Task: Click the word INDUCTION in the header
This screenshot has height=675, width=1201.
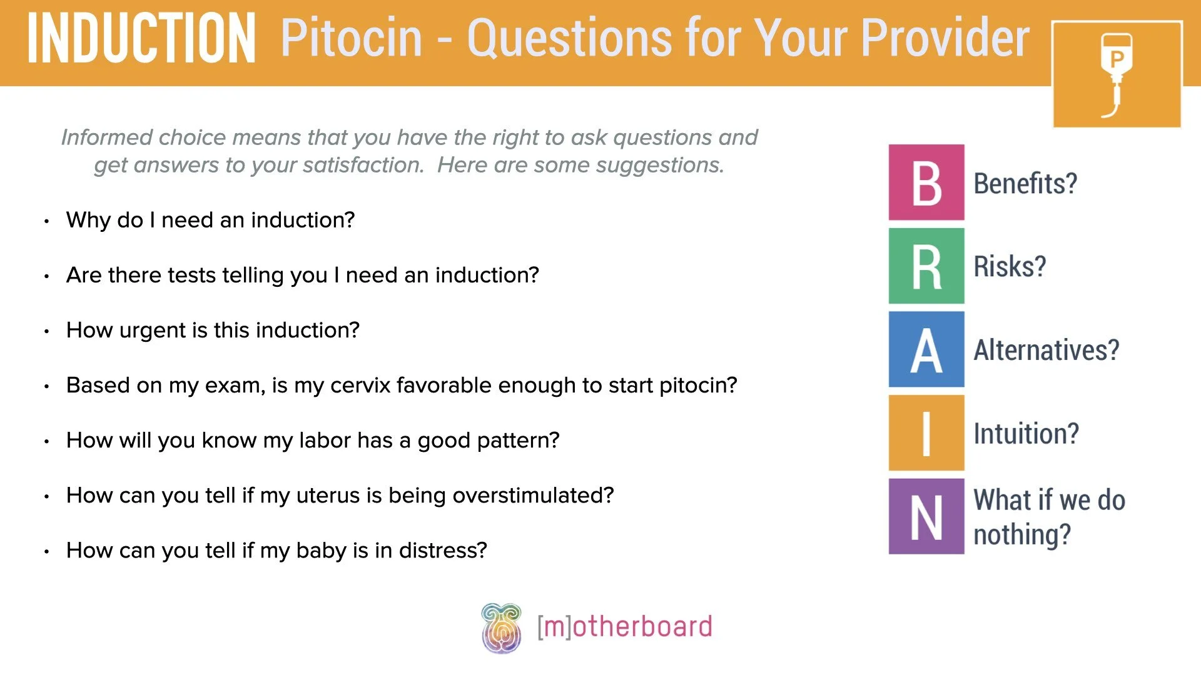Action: point(141,39)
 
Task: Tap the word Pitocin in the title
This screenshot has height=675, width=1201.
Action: point(352,39)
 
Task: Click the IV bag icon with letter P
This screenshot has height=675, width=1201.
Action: point(1116,74)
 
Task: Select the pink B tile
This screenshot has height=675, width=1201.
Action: point(926,182)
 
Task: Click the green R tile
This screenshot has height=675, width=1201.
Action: point(926,266)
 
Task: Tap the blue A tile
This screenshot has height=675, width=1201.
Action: point(926,349)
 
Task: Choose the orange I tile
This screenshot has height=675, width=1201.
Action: point(926,432)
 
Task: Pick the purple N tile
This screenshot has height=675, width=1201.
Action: point(926,516)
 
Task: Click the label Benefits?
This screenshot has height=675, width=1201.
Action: point(1025,183)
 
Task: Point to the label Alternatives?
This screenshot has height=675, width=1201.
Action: point(1046,350)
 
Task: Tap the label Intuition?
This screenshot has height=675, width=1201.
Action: point(1026,433)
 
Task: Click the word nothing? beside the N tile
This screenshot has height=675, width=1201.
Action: point(1022,535)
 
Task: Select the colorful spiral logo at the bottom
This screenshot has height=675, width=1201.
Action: point(501,627)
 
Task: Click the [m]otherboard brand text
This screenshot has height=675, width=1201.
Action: point(624,626)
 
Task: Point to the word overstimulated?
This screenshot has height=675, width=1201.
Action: point(533,496)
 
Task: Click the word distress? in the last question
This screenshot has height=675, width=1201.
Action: point(443,551)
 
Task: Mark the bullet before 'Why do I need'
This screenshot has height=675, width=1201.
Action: point(47,221)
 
